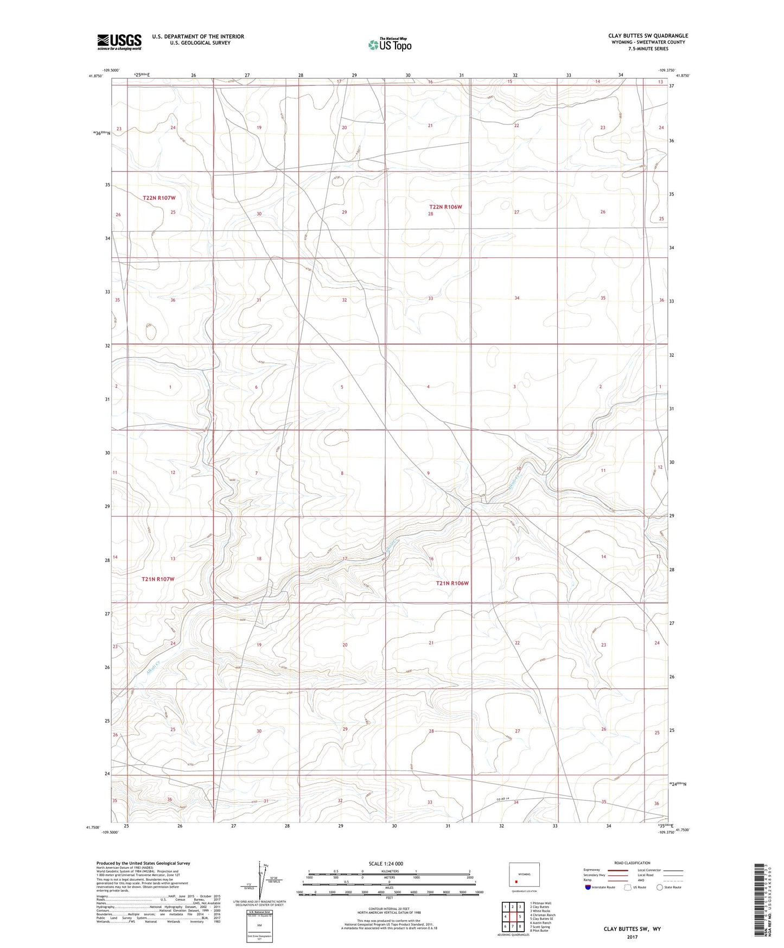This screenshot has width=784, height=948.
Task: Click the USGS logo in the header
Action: tap(119, 42)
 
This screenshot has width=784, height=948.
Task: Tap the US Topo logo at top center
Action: tap(389, 45)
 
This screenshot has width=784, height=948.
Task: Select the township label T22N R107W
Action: tap(159, 198)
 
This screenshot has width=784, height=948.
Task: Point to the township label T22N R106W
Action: tap(445, 207)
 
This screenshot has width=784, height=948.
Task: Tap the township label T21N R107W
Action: tap(158, 579)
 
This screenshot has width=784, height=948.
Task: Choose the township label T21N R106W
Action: tap(452, 583)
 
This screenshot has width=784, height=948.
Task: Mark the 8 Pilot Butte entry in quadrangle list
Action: tap(539, 930)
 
